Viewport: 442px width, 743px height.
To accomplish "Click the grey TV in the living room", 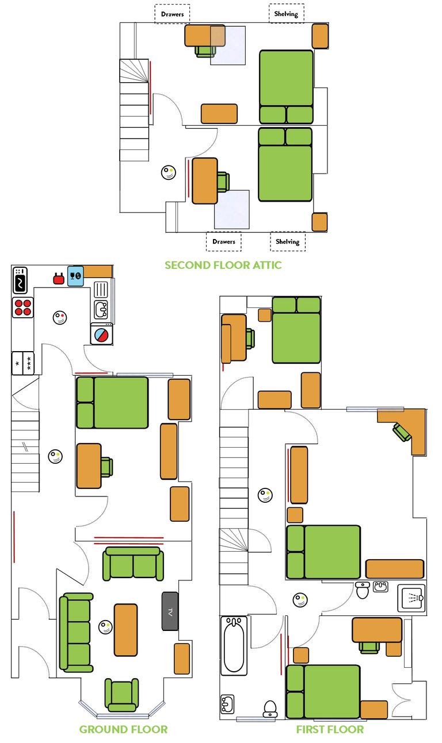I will (170, 611).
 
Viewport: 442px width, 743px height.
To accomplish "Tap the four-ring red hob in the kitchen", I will (22, 307).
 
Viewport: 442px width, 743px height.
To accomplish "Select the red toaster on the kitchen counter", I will (58, 279).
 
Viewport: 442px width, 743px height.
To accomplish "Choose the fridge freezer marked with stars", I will (23, 363).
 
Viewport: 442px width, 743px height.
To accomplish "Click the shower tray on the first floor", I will (411, 598).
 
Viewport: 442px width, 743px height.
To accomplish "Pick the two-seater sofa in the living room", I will (133, 564).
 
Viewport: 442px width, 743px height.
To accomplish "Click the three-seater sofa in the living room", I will (76, 633).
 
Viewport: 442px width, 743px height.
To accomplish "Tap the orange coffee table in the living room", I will (125, 630).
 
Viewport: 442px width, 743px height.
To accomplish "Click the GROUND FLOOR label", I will (123, 729).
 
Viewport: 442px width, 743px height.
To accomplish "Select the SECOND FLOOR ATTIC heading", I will (223, 265).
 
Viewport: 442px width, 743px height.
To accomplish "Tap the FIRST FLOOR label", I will (330, 729).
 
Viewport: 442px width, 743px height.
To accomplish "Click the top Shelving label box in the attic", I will (287, 14).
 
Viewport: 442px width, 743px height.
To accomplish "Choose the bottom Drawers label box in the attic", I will (223, 241).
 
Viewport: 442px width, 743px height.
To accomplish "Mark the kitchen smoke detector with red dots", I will (60, 317).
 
